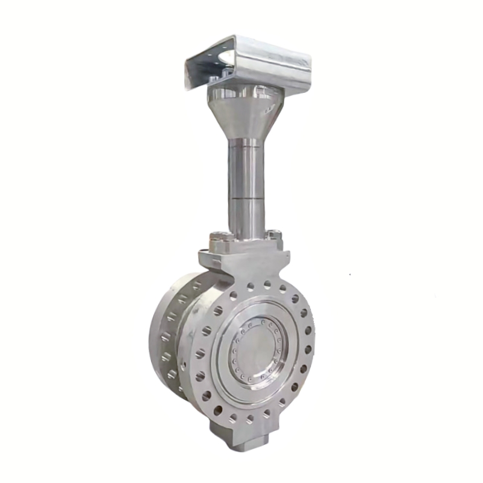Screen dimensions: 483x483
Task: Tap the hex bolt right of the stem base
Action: point(275,235)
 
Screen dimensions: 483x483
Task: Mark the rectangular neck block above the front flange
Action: point(241,263)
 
